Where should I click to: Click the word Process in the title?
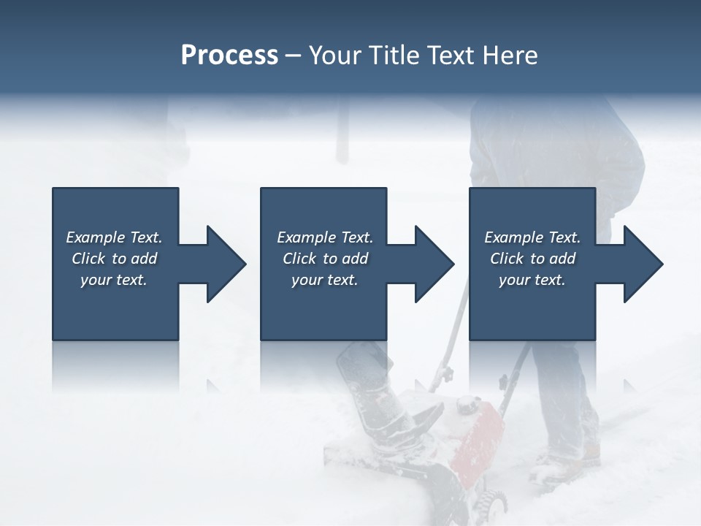pyautogui.click(x=229, y=56)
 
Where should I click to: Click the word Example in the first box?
pyautogui.click(x=96, y=237)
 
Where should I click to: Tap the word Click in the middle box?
pyautogui.click(x=299, y=259)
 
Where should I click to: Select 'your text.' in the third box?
pyautogui.click(x=532, y=280)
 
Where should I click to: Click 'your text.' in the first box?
pyautogui.click(x=114, y=280)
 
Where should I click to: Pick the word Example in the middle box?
pyautogui.click(x=307, y=237)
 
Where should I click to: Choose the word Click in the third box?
pyautogui.click(x=507, y=259)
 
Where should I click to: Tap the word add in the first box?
pyautogui.click(x=145, y=259)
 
